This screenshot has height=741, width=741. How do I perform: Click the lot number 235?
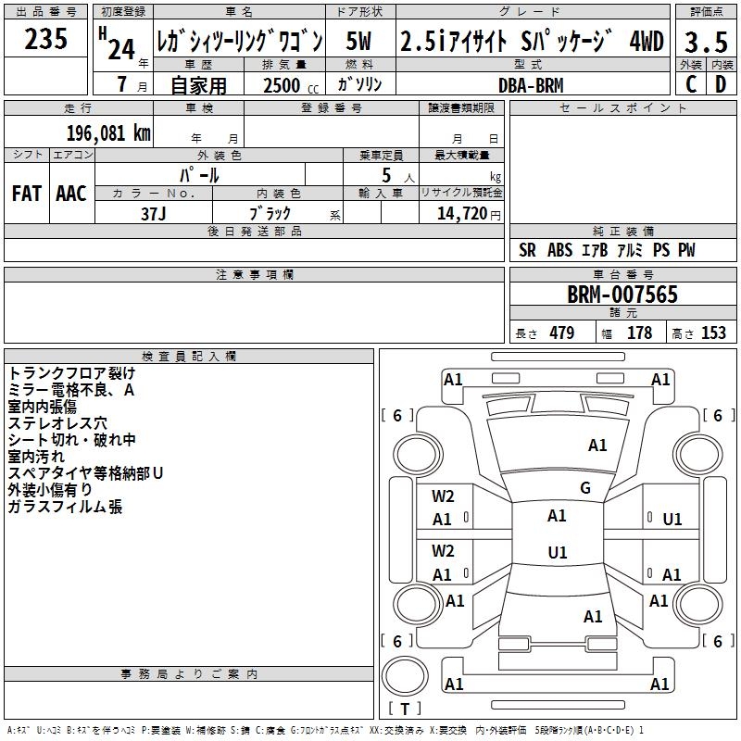point(46,39)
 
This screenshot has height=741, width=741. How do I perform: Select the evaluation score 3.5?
point(705,42)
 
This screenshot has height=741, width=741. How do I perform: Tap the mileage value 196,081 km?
point(107,132)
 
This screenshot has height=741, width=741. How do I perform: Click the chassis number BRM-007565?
point(622,295)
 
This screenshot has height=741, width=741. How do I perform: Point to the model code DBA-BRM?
point(530,84)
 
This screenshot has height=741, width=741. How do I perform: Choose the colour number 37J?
point(153,213)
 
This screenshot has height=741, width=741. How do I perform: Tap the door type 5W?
point(359,42)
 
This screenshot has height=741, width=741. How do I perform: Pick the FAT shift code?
point(27,193)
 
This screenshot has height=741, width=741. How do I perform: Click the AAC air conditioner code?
point(71,193)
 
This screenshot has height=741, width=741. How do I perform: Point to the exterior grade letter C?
point(690,84)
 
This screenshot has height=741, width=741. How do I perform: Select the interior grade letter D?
point(720,84)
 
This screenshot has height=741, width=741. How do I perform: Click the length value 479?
point(560,333)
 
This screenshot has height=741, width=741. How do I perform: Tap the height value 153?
point(713,333)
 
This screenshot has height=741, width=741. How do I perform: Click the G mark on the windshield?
point(585,488)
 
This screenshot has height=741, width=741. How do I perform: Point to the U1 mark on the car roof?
point(557,553)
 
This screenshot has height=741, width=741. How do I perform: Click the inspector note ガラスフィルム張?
point(65,507)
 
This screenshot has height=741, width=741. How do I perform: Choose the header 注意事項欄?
point(255,275)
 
